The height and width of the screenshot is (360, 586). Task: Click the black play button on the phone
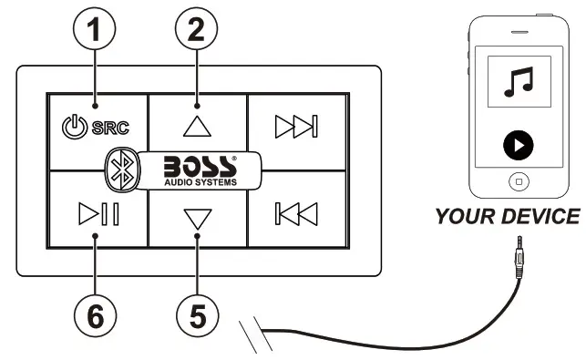click(518, 144)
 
